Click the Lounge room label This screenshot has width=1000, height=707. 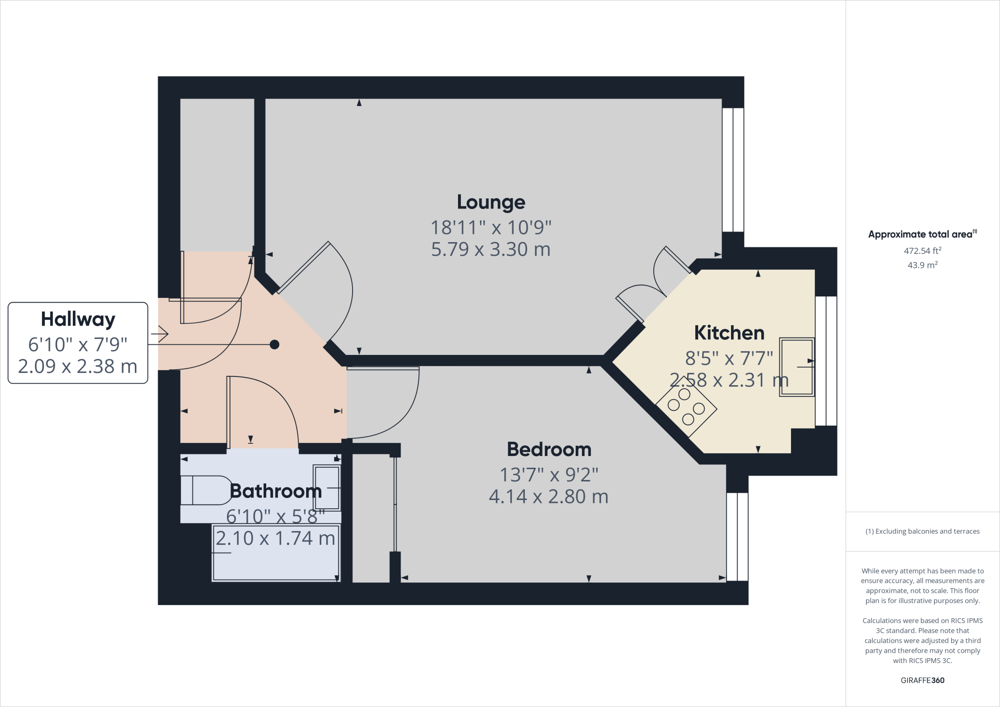point(491,202)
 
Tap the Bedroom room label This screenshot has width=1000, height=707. point(549,449)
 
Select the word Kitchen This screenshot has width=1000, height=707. point(729,333)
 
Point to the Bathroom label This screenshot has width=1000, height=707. point(276,491)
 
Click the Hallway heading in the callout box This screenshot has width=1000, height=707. point(78,319)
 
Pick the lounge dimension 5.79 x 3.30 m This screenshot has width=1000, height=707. point(491,250)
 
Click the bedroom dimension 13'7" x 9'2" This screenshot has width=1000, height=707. point(549,475)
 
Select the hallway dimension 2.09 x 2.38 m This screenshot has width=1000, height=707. point(78,366)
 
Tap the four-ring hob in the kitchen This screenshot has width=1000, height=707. point(686,406)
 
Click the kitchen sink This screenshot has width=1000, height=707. point(797,367)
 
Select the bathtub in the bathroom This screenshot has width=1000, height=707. point(276,553)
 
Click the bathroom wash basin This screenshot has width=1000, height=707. point(327,488)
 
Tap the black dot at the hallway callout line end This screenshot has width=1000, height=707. point(274,345)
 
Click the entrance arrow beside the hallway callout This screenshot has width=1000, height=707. point(160,334)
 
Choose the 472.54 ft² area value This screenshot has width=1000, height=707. point(922,251)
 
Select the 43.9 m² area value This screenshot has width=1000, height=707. point(922,265)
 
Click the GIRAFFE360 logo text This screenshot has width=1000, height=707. point(922,680)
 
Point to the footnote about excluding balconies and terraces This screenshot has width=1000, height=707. point(922,531)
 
